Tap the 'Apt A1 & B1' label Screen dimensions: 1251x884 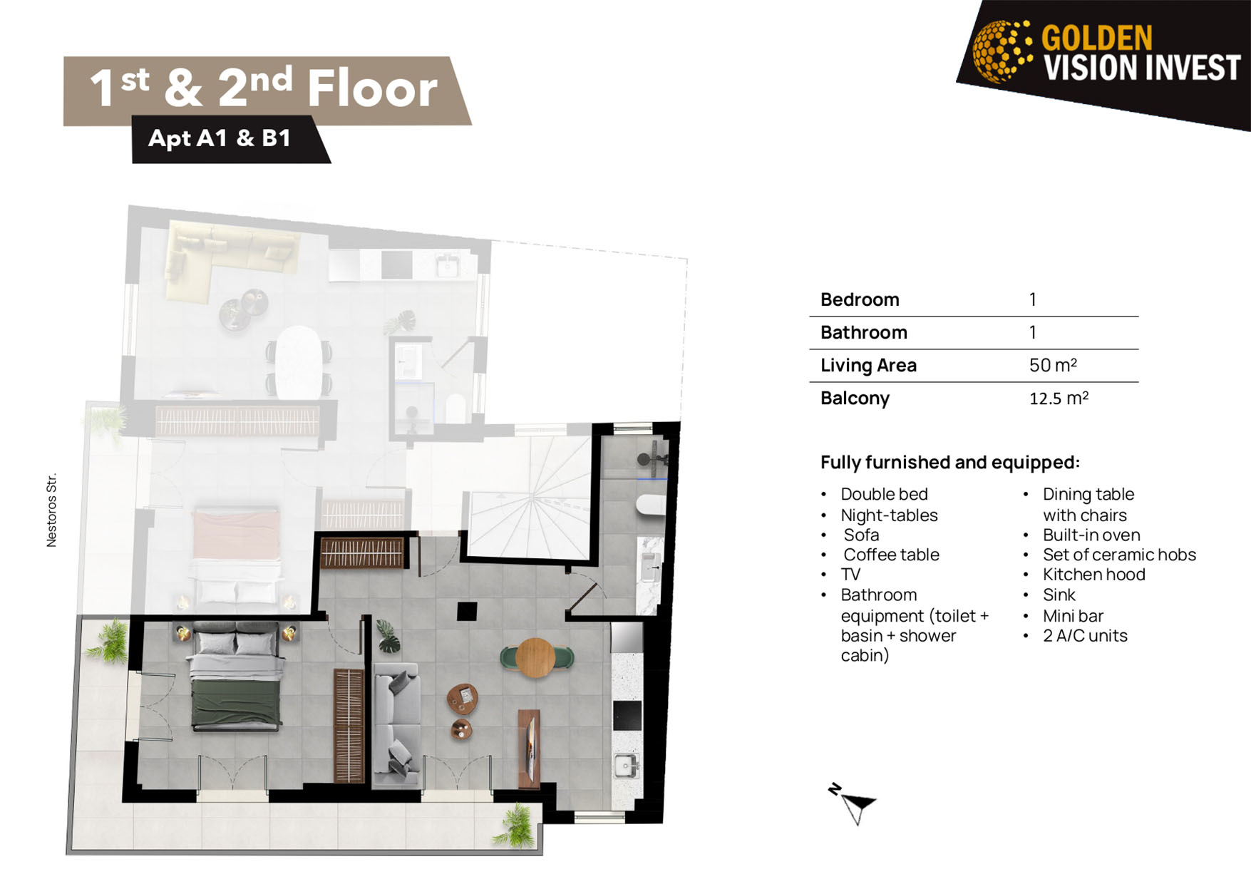(x=220, y=138)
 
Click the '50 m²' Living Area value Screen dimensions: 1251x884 (x=1053, y=365)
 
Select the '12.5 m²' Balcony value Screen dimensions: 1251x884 (x=1059, y=398)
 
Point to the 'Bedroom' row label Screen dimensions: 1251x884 (x=860, y=299)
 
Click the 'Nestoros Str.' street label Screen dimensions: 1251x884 (x=51, y=510)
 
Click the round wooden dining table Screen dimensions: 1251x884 (x=535, y=657)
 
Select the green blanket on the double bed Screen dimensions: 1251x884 (x=237, y=704)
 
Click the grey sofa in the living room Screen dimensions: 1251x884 (x=396, y=724)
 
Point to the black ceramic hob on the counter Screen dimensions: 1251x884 (x=627, y=716)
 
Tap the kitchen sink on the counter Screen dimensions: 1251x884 (x=626, y=766)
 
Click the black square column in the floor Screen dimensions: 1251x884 (x=467, y=611)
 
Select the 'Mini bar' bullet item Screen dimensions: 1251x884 (x=1073, y=615)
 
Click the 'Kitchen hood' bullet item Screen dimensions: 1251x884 (x=1093, y=574)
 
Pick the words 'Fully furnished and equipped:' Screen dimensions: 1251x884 (x=949, y=462)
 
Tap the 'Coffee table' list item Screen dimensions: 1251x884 (x=891, y=554)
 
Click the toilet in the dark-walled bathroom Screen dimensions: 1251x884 (x=650, y=504)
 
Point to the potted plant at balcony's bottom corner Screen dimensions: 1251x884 (x=515, y=826)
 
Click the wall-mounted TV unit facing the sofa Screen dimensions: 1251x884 (x=528, y=749)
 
